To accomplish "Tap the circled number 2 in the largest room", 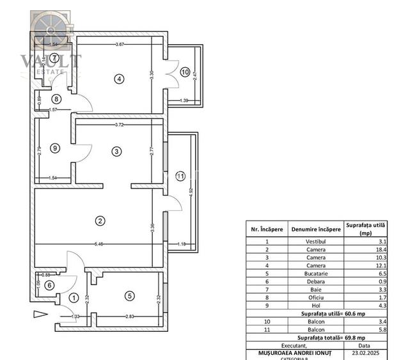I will pos(100,221).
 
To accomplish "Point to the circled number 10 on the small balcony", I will pos(185,72).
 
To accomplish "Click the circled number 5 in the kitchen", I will pos(130,295).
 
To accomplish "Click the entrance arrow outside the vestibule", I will pos(40,314).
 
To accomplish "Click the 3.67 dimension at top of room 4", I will pos(120,44).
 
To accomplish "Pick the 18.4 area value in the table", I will pos(365,249).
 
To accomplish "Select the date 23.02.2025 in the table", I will pos(365,352).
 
